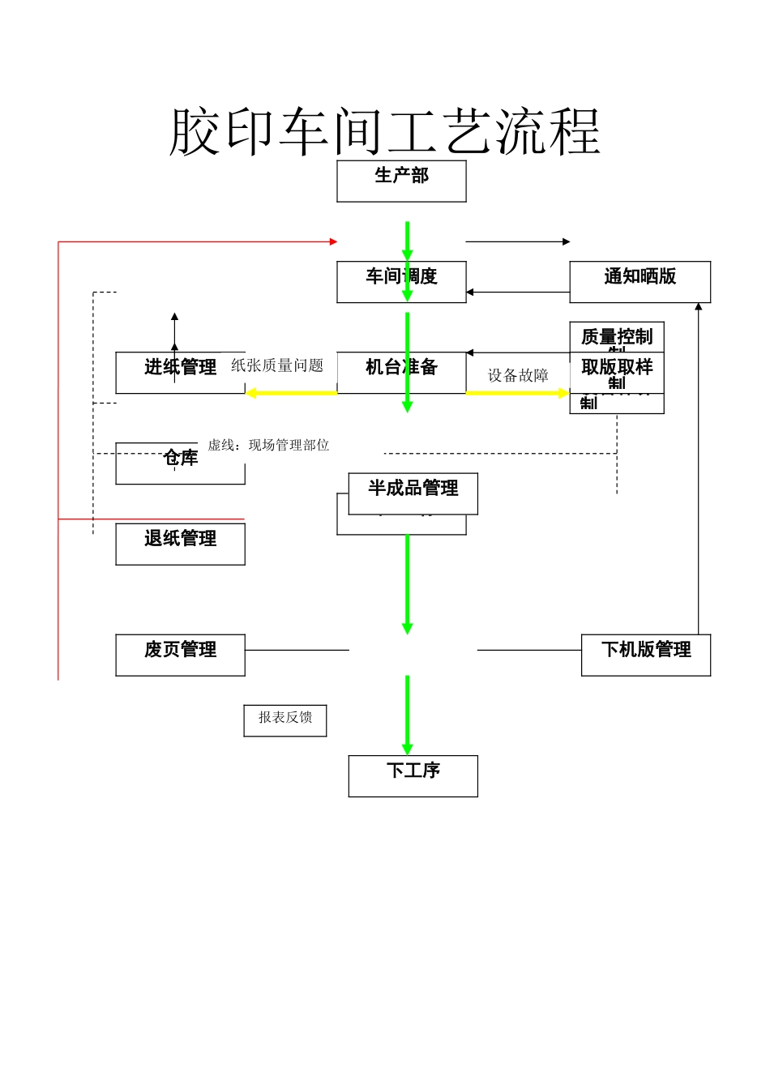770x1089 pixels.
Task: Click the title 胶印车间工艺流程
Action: (385, 131)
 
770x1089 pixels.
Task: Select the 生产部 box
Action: (401, 181)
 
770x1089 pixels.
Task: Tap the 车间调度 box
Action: (401, 282)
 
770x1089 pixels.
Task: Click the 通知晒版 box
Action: (640, 282)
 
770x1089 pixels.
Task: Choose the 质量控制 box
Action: (616, 336)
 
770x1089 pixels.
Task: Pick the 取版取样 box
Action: (616, 372)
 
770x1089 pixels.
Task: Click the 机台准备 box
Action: (401, 373)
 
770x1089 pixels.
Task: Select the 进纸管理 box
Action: (180, 373)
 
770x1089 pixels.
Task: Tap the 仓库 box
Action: (180, 463)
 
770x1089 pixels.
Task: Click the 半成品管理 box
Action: (413, 493)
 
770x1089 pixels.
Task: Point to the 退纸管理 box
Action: (180, 544)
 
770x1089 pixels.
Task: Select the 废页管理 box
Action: (180, 655)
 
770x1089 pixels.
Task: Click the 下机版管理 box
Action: (645, 655)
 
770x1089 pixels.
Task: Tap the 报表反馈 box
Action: (284, 720)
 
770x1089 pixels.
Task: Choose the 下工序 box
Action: (413, 775)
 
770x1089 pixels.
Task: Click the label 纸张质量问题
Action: (277, 365)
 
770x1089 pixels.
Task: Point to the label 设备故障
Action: (518, 375)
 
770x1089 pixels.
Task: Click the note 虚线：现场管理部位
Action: (268, 445)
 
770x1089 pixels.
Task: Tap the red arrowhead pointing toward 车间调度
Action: (333, 241)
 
